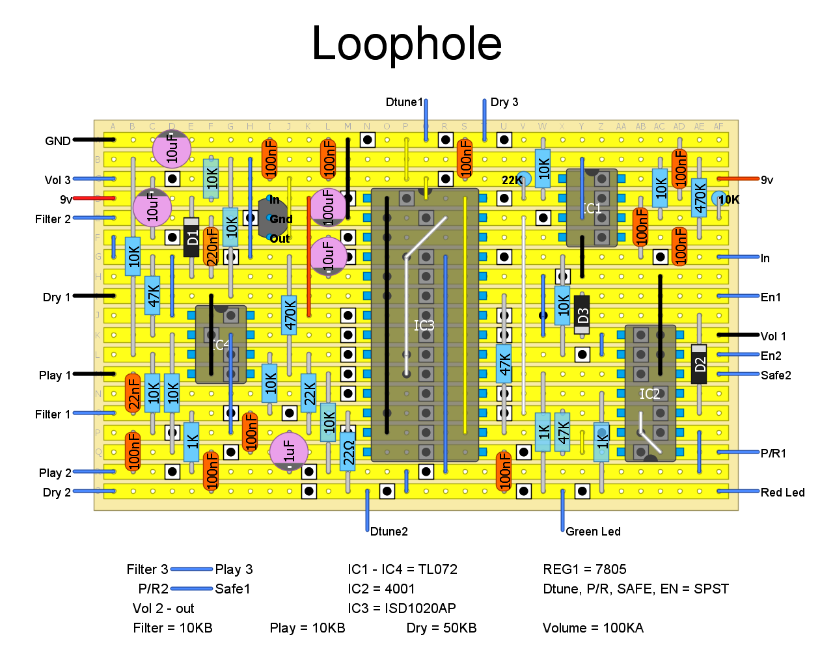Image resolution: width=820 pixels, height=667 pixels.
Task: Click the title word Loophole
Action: point(407,44)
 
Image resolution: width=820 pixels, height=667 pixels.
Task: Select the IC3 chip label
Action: point(424,325)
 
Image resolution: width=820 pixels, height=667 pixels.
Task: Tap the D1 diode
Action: point(191,237)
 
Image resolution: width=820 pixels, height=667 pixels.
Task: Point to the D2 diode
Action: point(699,364)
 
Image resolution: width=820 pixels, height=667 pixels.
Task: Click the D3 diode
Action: point(582,315)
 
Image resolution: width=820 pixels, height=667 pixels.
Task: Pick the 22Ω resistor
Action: point(348,450)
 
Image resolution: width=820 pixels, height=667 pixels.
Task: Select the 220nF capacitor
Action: point(211,247)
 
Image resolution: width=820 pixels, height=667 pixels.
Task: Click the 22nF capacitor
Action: point(133,393)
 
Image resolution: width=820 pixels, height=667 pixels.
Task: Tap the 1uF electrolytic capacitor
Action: point(289,451)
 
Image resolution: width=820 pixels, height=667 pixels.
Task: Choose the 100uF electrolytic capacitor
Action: point(328,207)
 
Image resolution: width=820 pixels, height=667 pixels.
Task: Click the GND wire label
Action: point(58,141)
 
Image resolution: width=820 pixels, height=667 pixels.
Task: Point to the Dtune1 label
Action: point(403,102)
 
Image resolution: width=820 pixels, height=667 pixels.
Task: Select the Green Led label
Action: point(593,532)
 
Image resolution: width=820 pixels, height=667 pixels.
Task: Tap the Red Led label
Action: point(782,493)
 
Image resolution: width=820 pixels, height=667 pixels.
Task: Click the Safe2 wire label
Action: point(776,375)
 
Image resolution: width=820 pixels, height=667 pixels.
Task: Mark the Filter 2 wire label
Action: point(53,219)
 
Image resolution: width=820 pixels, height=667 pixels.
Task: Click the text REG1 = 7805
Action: point(584,569)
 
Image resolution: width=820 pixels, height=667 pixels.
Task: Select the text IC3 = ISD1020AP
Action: point(402,608)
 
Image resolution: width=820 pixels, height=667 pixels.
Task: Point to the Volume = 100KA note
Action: point(593,628)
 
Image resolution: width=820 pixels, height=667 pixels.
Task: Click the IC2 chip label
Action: point(649,394)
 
